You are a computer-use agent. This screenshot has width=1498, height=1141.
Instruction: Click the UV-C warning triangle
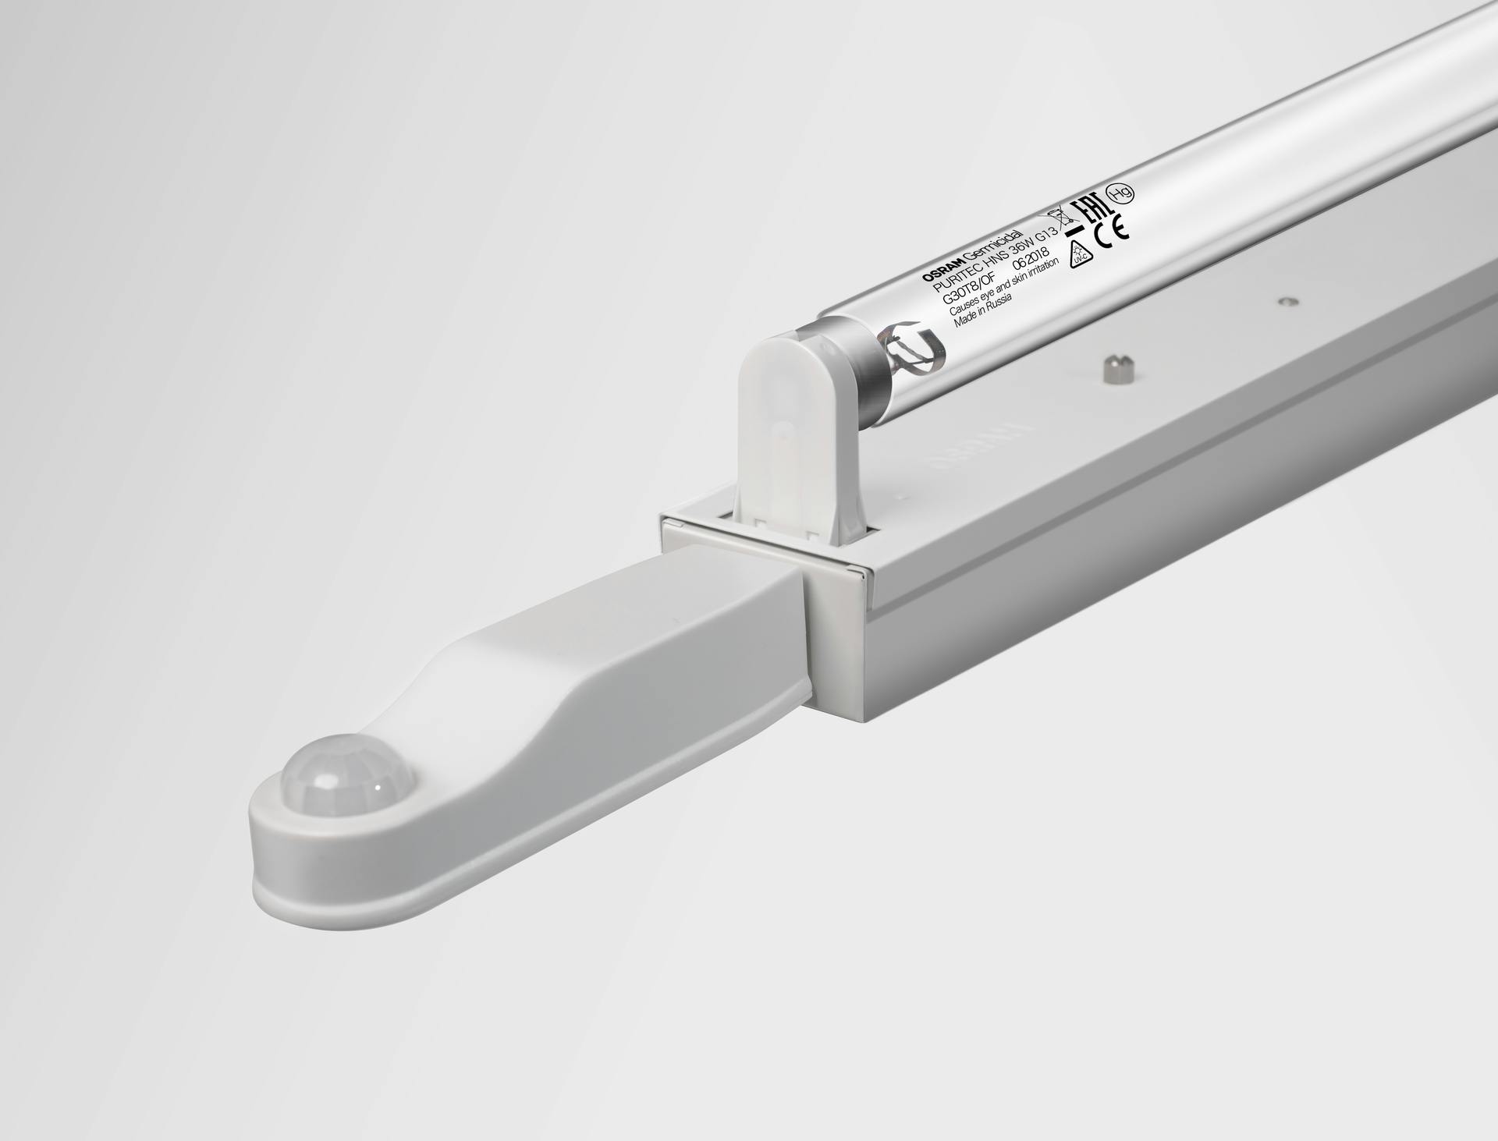(x=1080, y=254)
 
